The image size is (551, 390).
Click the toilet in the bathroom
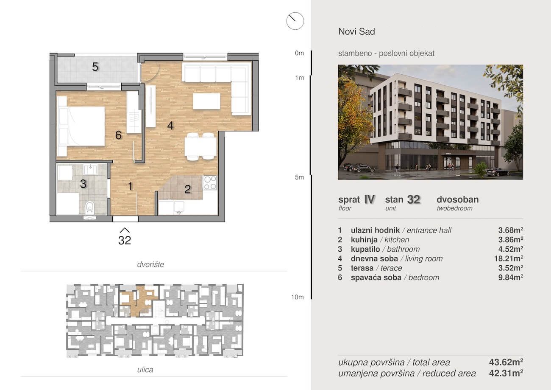[x=89, y=208]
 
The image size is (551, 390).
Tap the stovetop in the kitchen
[x=210, y=182]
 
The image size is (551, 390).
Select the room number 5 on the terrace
[x=95, y=67]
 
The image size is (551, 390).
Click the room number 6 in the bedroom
[x=118, y=135]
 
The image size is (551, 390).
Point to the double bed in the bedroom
[x=81, y=126]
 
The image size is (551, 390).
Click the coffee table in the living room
[x=207, y=101]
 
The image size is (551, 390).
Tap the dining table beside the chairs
[x=200, y=146]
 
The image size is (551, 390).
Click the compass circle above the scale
[x=295, y=21]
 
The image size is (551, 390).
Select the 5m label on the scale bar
[x=299, y=177]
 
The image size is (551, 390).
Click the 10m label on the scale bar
[x=298, y=297]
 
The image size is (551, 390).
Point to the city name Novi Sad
[x=357, y=31]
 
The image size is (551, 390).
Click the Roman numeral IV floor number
[x=369, y=199]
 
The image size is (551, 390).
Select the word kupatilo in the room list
[x=365, y=249]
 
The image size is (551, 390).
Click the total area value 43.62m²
[x=506, y=362]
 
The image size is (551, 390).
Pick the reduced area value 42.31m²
[x=506, y=373]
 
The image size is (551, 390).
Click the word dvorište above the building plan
[x=150, y=264]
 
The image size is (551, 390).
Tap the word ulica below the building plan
[x=145, y=370]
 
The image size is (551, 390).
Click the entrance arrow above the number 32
[x=125, y=230]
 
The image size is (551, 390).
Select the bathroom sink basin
[x=91, y=169]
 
